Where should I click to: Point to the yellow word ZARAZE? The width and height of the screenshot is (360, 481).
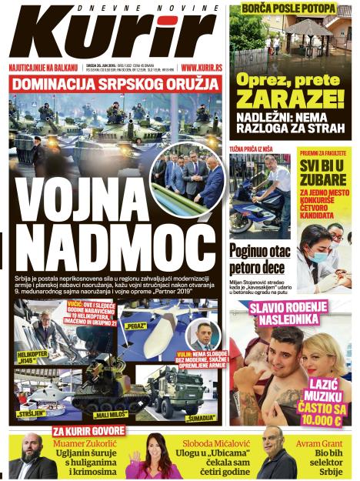(x=291, y=98)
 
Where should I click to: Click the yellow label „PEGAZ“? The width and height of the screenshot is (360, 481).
(x=135, y=326)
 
